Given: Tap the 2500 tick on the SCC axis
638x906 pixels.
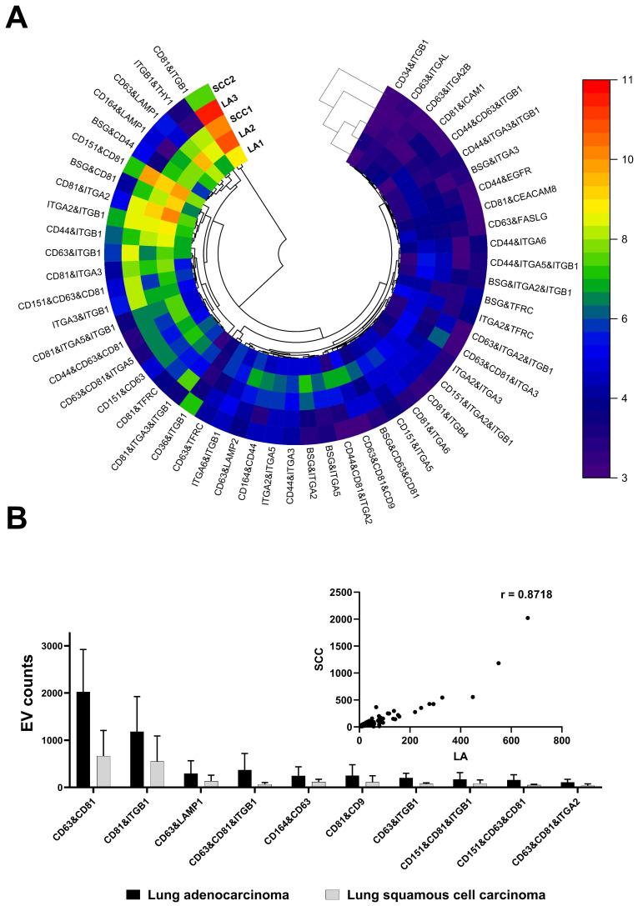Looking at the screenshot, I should point(338,593).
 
